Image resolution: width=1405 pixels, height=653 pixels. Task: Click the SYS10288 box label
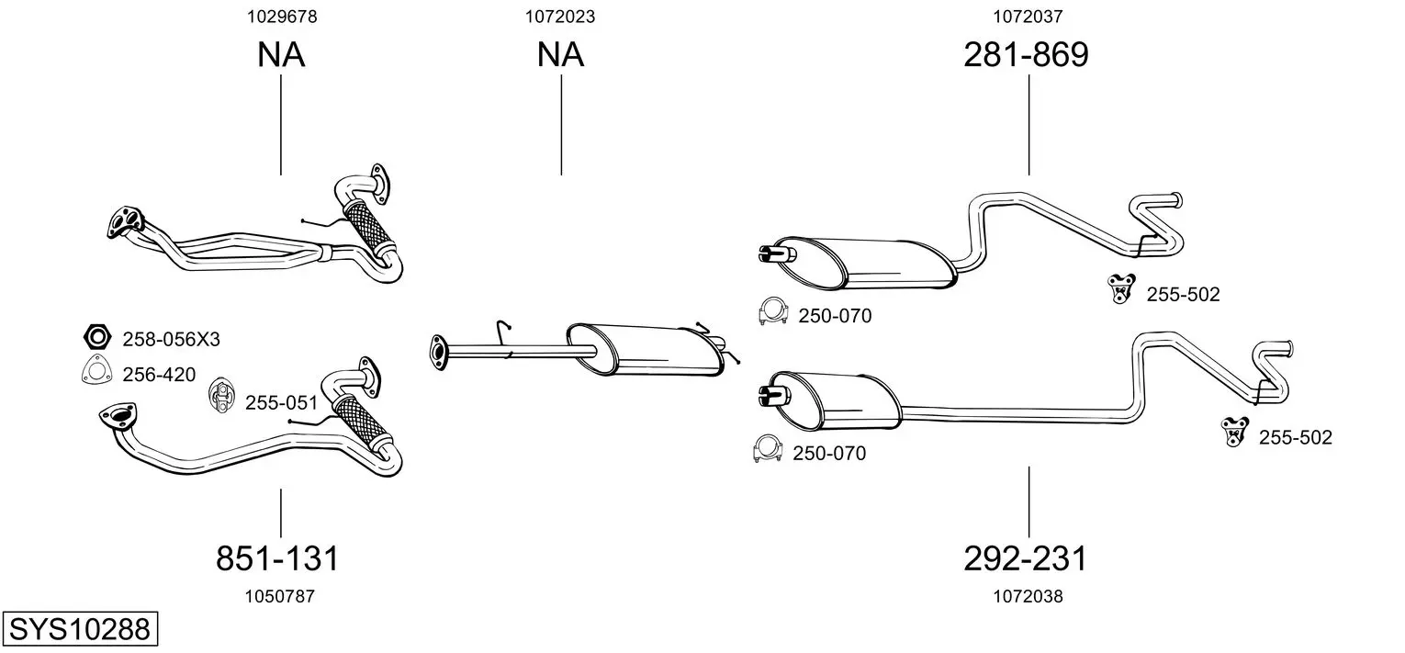[x=80, y=629]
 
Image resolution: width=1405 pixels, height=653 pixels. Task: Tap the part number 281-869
[x=1026, y=54]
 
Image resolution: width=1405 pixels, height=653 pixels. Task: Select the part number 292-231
[x=1025, y=557]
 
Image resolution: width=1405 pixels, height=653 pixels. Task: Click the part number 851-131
[x=277, y=557]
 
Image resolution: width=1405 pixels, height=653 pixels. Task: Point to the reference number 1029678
[x=282, y=17]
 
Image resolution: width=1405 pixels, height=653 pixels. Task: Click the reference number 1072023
[x=560, y=17]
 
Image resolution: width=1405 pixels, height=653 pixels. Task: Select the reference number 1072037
[x=1028, y=17]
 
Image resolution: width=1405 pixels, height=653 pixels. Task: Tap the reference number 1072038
[x=1028, y=596]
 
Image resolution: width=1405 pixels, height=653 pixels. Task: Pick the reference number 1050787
[x=280, y=596]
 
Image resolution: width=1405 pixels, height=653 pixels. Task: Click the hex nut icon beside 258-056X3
[x=97, y=337]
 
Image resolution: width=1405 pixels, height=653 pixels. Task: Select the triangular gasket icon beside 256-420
[x=96, y=369]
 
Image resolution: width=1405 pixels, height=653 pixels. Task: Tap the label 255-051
[x=282, y=402]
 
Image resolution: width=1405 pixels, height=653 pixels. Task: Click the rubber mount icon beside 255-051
[x=221, y=395]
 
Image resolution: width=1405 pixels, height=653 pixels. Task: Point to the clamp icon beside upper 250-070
[x=773, y=311]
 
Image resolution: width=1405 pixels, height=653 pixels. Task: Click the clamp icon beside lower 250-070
[x=767, y=448]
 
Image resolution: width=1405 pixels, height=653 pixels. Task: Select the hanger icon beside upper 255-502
[x=1121, y=288]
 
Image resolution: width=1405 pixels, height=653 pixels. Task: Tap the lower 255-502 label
[x=1295, y=437]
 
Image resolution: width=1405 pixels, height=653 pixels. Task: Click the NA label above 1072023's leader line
[x=560, y=54]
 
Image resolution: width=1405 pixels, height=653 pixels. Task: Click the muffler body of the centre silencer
[x=646, y=349]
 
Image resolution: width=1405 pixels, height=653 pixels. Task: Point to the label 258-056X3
[x=171, y=340]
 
